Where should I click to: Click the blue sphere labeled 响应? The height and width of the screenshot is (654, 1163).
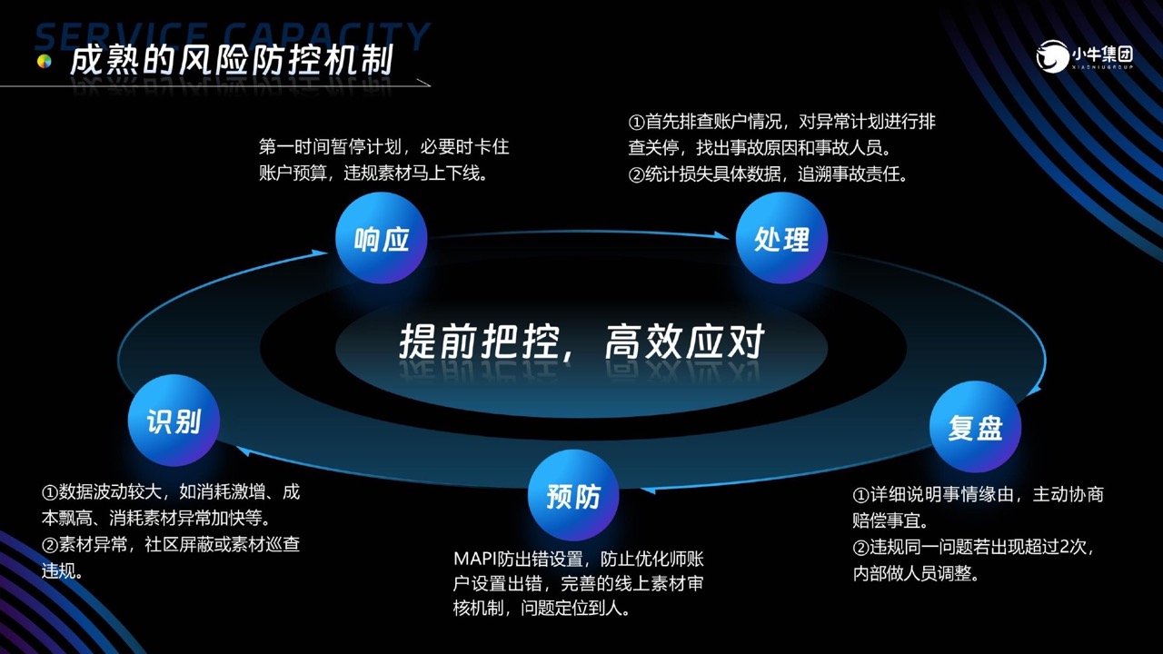coord(381,238)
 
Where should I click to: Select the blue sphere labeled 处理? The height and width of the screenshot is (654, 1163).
coord(781,238)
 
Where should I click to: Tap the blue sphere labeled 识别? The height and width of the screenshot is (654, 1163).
coord(174,421)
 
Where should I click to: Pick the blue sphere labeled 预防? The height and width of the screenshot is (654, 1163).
coord(573,495)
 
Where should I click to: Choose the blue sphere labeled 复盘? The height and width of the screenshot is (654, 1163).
coord(975,427)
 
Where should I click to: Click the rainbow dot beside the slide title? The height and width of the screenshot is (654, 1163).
coord(45,62)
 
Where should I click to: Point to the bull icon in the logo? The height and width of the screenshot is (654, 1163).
coord(1052,56)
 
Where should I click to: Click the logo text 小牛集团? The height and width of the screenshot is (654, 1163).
coord(1103,54)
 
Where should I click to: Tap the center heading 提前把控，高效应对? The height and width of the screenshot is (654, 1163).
coord(581,342)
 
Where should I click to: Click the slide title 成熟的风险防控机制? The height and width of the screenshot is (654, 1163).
coord(232,60)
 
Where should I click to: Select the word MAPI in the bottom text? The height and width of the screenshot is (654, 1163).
coord(474,559)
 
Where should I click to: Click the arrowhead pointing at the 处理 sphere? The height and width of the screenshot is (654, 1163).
coord(721,235)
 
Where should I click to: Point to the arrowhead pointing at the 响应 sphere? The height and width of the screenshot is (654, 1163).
coord(319,253)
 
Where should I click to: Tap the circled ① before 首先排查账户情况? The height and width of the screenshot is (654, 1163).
coord(637,123)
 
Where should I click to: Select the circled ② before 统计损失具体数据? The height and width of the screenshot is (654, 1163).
coord(637,175)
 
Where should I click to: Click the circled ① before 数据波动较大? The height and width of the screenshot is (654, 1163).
coord(50,492)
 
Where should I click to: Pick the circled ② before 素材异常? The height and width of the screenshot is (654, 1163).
coord(50,545)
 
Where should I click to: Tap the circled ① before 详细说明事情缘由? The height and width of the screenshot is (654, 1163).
coord(860,495)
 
